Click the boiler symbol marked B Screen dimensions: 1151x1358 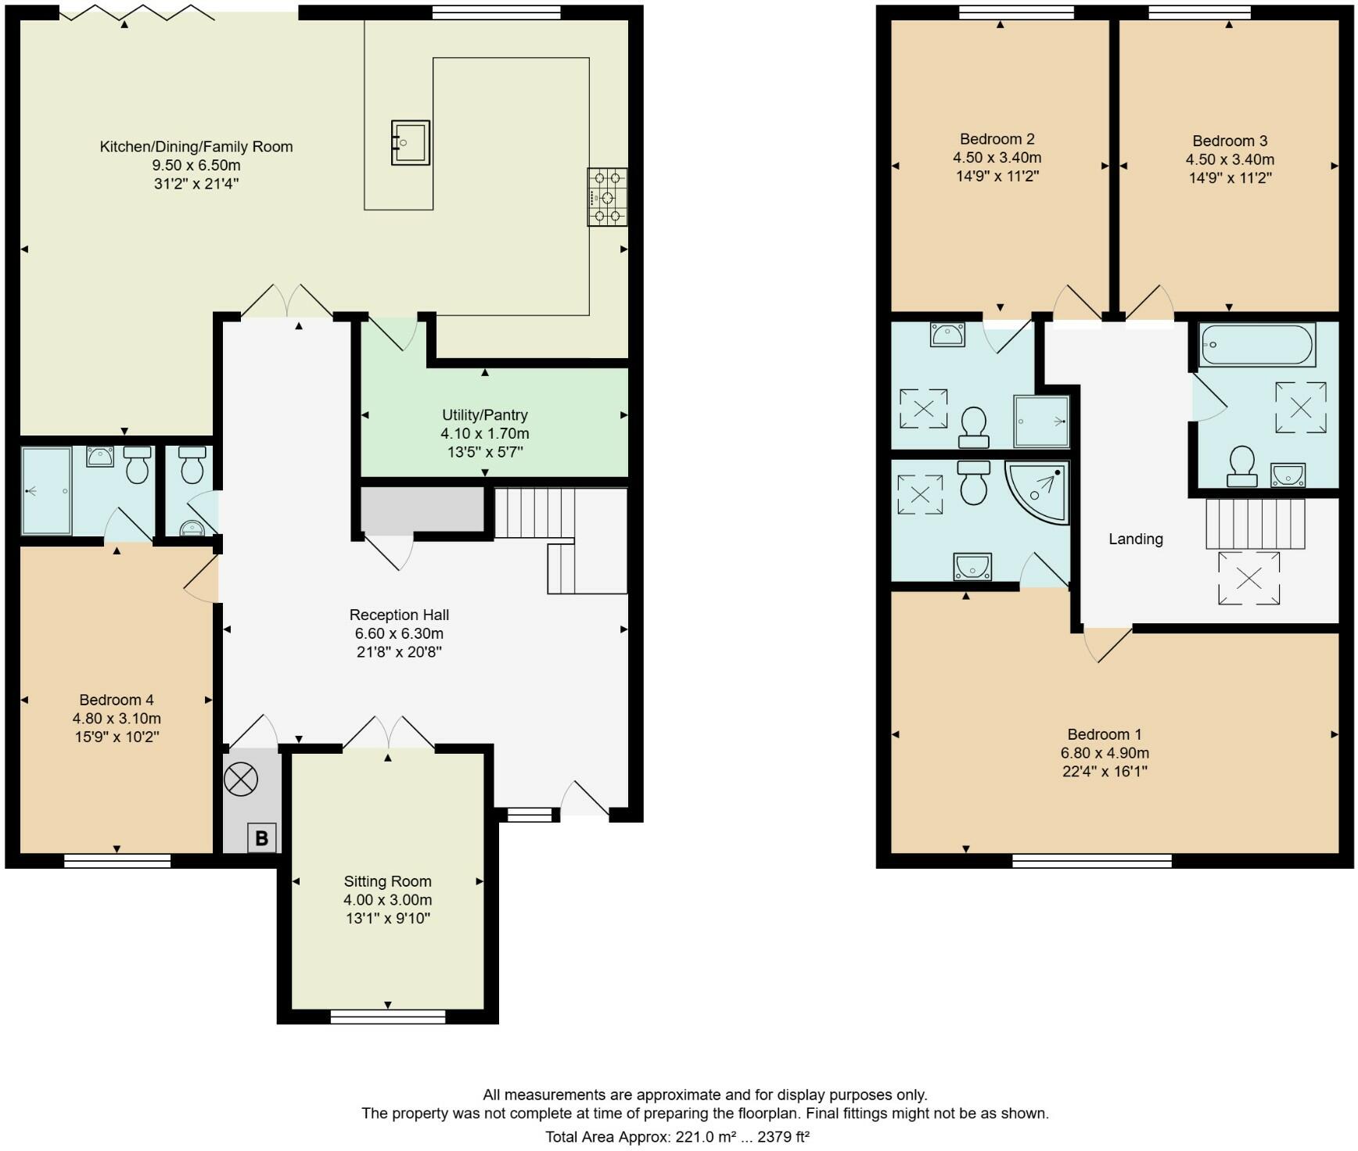pos(261,837)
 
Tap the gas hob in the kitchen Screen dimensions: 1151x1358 pos(607,197)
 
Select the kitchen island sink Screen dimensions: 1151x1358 pos(411,142)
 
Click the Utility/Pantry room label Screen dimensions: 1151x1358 pos(485,415)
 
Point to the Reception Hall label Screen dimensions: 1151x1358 pos(399,615)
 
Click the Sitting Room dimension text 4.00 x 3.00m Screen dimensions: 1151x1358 pos(387,900)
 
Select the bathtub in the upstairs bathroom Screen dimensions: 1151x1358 pos(1257,345)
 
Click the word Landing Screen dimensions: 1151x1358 pos(1135,539)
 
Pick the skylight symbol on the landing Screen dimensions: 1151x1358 pos(1248,578)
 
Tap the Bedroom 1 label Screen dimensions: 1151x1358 pos(1104,734)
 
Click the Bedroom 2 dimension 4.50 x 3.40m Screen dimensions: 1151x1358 pos(997,158)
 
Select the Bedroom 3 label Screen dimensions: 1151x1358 pos(1230,141)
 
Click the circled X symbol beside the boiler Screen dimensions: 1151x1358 pos(240,779)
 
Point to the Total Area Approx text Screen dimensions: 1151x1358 pos(677,1137)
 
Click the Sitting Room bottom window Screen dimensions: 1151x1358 pos(387,1017)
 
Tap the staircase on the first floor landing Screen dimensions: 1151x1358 pos(1256,524)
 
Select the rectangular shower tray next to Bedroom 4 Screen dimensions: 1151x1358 pos(46,491)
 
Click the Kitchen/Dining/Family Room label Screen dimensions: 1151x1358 pos(196,146)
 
